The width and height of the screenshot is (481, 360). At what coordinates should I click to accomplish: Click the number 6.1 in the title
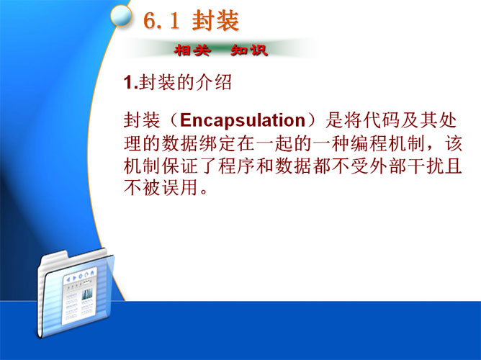click(161, 21)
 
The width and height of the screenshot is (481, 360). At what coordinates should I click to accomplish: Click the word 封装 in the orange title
click(215, 21)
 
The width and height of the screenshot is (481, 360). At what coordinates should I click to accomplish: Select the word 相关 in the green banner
click(192, 50)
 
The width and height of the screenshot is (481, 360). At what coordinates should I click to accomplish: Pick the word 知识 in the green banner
click(249, 50)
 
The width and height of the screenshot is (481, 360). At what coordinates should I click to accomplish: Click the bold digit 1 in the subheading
click(128, 83)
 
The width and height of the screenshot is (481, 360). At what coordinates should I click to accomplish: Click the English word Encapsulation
click(243, 120)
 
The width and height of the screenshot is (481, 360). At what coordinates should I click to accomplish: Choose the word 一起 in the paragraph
click(275, 143)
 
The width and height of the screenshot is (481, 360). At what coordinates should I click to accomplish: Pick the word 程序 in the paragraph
click(237, 166)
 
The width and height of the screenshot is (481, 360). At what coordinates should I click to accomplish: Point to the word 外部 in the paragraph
click(388, 166)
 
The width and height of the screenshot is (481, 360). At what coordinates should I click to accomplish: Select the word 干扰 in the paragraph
click(426, 166)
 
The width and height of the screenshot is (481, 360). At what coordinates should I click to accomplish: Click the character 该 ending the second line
click(454, 143)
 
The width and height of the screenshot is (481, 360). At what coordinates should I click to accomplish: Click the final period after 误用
click(204, 192)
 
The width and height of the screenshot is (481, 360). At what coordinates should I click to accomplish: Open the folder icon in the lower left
click(75, 293)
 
